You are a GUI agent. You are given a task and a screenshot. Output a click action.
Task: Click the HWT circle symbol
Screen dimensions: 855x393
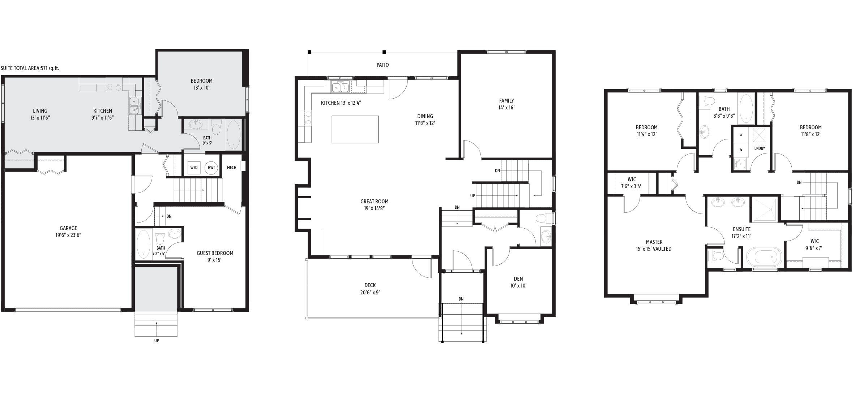[x=211, y=168]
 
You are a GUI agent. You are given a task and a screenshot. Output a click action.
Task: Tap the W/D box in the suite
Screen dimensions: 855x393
[x=194, y=168]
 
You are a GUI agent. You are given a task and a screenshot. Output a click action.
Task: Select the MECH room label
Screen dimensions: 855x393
[x=232, y=168]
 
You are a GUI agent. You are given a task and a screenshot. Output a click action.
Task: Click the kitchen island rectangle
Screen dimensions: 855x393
[x=355, y=129]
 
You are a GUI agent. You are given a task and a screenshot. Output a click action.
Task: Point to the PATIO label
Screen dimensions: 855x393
[x=382, y=65]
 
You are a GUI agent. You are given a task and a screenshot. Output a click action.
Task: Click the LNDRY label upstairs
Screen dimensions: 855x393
[x=760, y=148]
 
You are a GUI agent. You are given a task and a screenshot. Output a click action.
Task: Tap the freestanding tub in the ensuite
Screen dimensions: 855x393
[x=764, y=257]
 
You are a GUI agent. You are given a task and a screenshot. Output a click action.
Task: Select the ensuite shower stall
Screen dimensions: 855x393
[x=764, y=210]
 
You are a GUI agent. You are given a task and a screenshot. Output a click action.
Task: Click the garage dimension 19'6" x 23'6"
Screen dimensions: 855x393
[x=68, y=235]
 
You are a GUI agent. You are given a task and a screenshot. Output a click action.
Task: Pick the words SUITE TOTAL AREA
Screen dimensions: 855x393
[x=22, y=68]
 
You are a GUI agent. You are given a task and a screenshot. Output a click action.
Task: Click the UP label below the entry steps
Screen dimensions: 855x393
[x=157, y=341]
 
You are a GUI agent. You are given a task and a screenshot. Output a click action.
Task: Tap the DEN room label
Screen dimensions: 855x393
[x=518, y=279]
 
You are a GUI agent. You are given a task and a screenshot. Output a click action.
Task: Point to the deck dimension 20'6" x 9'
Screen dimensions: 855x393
[x=370, y=293]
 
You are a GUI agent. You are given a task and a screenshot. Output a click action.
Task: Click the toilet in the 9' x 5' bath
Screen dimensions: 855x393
[x=216, y=128]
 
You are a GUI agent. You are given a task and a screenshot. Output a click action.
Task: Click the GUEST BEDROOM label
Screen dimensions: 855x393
[x=215, y=253]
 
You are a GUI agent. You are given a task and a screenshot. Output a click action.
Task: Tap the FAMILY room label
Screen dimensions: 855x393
[x=506, y=101]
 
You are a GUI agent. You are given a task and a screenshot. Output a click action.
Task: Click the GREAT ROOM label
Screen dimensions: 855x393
[x=374, y=202]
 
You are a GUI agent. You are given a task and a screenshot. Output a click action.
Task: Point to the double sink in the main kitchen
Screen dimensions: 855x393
[x=341, y=87]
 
